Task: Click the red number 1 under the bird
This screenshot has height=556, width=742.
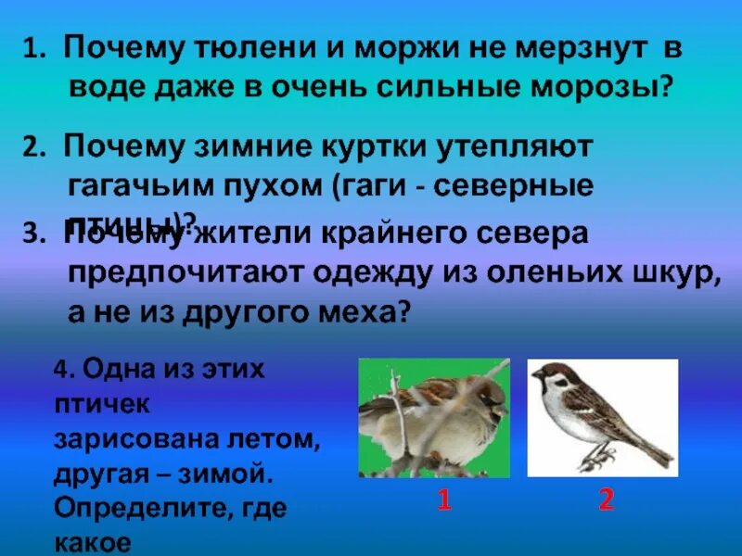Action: pos(444,501)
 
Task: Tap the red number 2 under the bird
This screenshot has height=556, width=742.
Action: pos(606,501)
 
